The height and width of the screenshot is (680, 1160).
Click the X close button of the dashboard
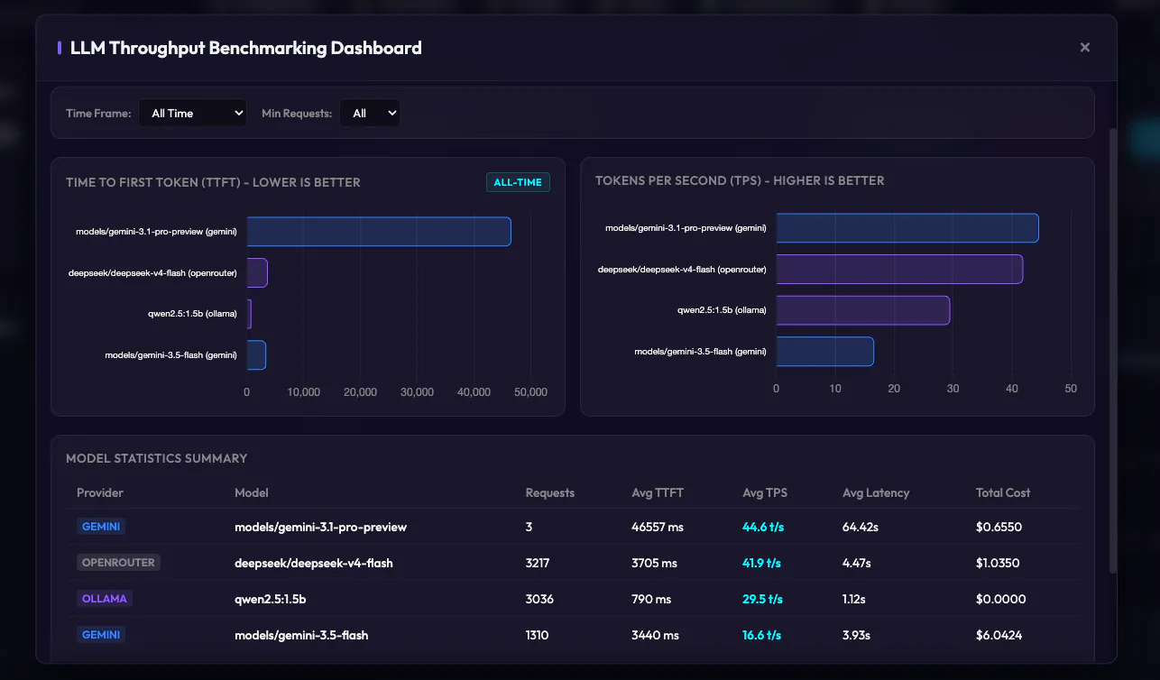click(1085, 48)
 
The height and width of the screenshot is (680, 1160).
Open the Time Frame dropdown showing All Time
click(193, 113)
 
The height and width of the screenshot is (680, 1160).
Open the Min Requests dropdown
click(370, 113)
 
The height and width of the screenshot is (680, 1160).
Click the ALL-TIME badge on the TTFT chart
click(518, 182)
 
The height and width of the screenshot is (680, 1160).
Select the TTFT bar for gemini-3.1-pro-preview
click(379, 232)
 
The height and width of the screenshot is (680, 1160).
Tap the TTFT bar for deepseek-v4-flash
click(257, 273)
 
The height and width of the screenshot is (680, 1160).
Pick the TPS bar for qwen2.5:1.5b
click(863, 310)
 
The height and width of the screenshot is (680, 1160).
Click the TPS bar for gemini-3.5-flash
click(825, 352)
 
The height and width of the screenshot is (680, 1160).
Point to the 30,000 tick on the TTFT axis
click(417, 392)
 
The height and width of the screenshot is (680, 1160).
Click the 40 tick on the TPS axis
click(1012, 389)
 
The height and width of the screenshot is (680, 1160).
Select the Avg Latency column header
click(876, 492)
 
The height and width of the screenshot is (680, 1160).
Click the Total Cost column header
click(1003, 492)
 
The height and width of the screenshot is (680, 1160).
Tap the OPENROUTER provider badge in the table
click(118, 563)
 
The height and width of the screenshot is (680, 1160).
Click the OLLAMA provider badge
click(104, 599)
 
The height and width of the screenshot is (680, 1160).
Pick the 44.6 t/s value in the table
click(763, 527)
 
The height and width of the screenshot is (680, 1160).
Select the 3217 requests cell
click(537, 563)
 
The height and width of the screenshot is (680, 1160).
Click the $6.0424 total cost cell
click(999, 635)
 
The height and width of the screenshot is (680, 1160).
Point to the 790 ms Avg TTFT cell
click(651, 599)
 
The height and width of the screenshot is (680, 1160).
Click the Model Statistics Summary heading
click(156, 458)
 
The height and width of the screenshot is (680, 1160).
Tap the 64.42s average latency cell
click(861, 527)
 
